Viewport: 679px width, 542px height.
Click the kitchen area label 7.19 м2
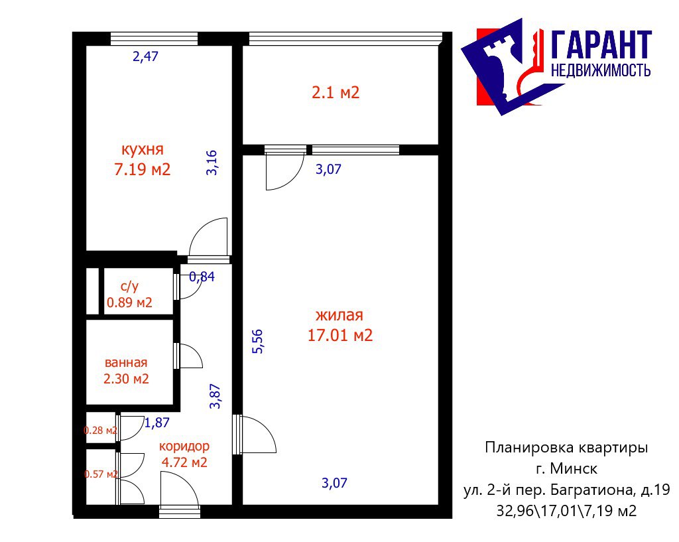pyautogui.click(x=142, y=169)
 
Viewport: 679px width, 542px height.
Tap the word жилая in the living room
pyautogui.click(x=339, y=315)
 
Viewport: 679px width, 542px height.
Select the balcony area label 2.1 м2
pyautogui.click(x=336, y=93)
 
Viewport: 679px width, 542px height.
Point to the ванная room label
pyautogui.click(x=126, y=362)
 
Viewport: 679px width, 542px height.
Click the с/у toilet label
pyautogui.click(x=129, y=286)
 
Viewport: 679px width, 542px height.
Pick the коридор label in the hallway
pyautogui.click(x=184, y=446)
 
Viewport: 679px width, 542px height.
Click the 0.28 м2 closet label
pyautogui.click(x=101, y=431)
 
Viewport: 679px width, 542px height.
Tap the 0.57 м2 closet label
pyautogui.click(x=101, y=474)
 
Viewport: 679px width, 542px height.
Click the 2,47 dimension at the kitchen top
pyautogui.click(x=145, y=56)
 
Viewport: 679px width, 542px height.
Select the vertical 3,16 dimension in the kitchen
pyautogui.click(x=212, y=163)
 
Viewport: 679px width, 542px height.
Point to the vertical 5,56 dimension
pyautogui.click(x=258, y=342)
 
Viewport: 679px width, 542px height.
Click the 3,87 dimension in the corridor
pyautogui.click(x=215, y=396)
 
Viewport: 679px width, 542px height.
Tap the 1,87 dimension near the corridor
pyautogui.click(x=156, y=423)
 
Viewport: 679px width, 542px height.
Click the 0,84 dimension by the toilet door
pyautogui.click(x=202, y=277)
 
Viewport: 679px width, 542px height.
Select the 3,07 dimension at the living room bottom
pyautogui.click(x=334, y=483)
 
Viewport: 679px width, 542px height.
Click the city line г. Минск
pyautogui.click(x=566, y=468)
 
